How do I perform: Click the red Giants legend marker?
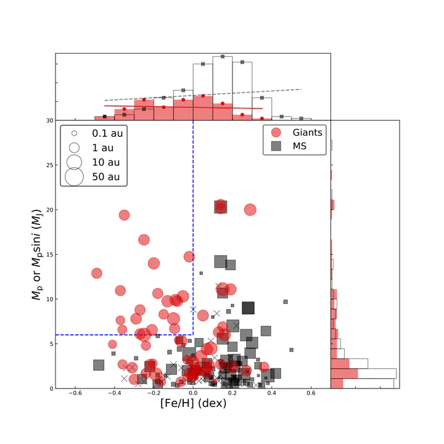click(277, 133)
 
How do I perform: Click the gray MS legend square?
click(277, 146)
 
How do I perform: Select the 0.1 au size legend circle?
click(73, 133)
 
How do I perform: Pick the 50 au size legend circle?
click(73, 177)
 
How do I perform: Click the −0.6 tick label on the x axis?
click(75, 393)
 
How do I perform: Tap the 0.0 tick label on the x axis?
click(193, 393)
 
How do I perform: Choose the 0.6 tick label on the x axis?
click(311, 393)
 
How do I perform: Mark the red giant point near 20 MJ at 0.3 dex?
click(250, 210)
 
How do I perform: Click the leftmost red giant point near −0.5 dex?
click(97, 273)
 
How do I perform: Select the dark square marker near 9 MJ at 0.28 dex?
click(248, 308)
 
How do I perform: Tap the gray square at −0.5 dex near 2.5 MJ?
click(98, 365)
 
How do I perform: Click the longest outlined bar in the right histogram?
click(363, 374)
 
